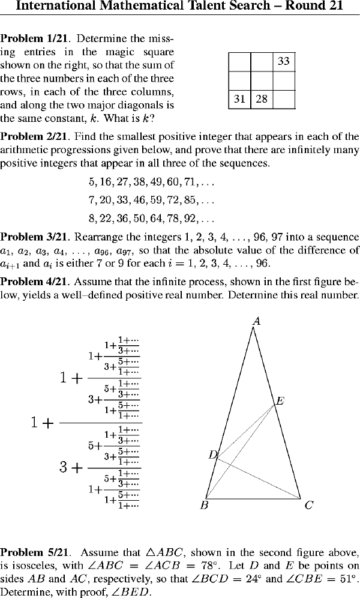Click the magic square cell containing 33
pos(284,61)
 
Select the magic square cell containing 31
pos(239,99)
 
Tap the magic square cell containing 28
pos(261,99)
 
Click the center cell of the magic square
pos(261,80)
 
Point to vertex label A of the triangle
pos(256,322)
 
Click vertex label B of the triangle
pos(204,506)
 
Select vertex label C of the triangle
pos(308,506)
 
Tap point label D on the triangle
pos(212,455)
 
